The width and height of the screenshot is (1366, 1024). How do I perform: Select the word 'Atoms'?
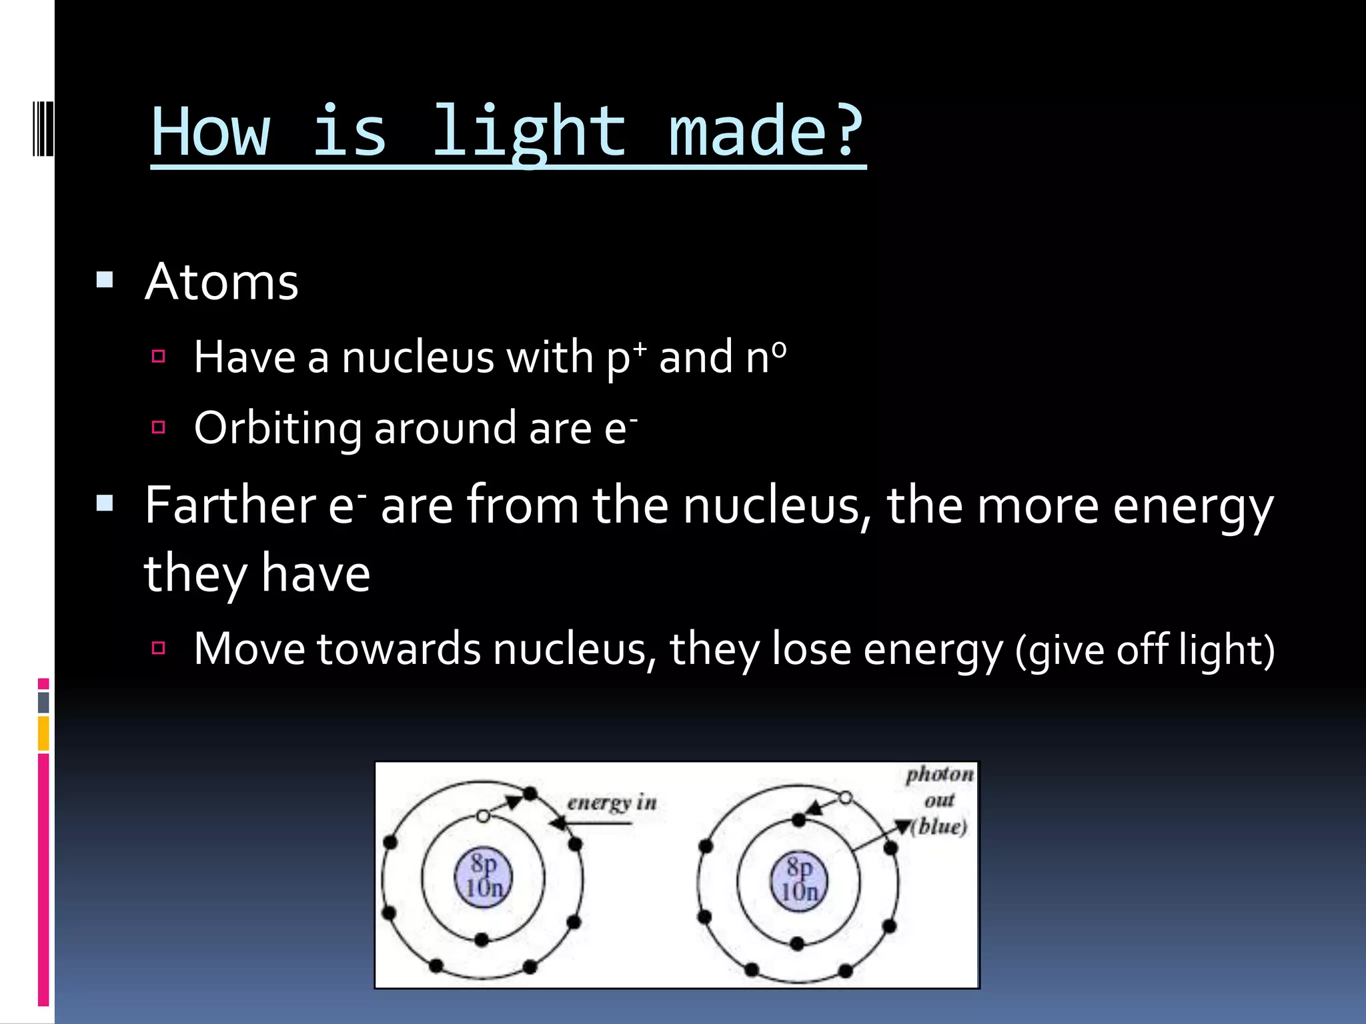click(221, 282)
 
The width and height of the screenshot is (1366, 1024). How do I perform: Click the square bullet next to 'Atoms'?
click(105, 279)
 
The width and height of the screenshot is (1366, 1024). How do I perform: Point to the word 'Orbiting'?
click(277, 428)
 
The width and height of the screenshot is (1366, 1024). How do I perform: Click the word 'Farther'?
click(230, 505)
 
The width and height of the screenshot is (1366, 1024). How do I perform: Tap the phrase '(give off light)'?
click(1145, 650)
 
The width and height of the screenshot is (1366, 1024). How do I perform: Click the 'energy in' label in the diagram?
click(612, 802)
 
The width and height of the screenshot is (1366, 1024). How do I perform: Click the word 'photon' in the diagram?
click(939, 774)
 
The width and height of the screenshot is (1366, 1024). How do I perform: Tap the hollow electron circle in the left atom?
click(484, 816)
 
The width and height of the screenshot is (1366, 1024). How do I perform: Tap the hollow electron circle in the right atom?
click(845, 797)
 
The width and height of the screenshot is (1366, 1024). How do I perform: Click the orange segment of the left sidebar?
click(43, 733)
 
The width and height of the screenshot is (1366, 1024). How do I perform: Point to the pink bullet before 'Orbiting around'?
click(159, 427)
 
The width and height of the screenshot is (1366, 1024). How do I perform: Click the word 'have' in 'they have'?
click(315, 574)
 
